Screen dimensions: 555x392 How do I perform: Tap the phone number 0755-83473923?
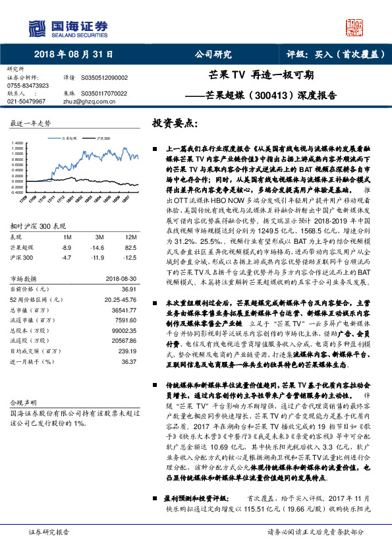tap(28, 86)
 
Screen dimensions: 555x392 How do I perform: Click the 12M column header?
tap(130, 237)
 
